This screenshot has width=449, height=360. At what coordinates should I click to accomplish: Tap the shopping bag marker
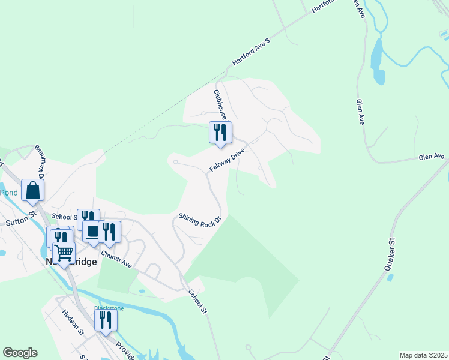[x=33, y=191]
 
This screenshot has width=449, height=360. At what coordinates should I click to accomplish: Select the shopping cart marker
[x=64, y=253]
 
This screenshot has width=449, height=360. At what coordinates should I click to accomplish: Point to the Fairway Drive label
[x=227, y=161]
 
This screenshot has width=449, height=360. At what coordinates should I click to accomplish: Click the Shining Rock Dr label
[x=200, y=220]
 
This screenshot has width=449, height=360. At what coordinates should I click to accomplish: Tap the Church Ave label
[x=116, y=259]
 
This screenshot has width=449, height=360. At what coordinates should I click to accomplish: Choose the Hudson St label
[x=72, y=322]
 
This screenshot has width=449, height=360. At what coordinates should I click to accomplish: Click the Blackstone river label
[x=109, y=308]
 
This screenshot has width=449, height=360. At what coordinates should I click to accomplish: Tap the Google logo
[x=20, y=353]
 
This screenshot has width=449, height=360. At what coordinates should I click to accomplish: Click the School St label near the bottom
[x=197, y=302]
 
